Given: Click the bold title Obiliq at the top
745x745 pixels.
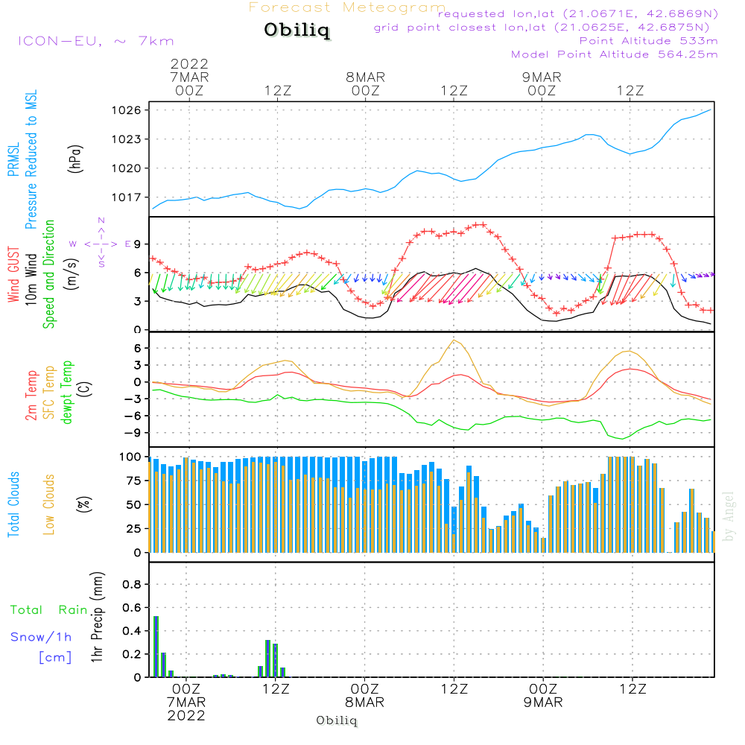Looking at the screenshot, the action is tap(297, 31).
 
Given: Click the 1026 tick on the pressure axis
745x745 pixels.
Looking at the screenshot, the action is tap(127, 110).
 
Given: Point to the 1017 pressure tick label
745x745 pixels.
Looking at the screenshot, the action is tap(127, 197).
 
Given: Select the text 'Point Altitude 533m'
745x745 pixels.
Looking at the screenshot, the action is tap(648, 41).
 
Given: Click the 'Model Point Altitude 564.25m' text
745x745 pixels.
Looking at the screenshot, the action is tap(614, 54).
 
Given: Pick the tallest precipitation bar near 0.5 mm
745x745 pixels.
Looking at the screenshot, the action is tap(156, 646).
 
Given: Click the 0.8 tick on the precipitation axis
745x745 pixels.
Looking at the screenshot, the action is tap(132, 584).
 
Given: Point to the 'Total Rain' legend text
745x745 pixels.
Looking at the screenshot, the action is tap(49, 609).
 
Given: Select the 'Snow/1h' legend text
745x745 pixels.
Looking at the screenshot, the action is tap(41, 637).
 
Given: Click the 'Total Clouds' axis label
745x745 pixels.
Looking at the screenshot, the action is tap(13, 504).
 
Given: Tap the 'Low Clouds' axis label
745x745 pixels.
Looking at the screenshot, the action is tap(49, 504).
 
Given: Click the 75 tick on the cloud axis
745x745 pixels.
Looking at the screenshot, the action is tap(134, 481).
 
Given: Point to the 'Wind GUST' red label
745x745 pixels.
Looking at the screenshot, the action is tap(13, 274).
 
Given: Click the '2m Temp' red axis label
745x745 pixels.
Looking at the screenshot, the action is tap(31, 396).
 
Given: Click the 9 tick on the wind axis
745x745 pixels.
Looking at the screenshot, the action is tap(137, 244).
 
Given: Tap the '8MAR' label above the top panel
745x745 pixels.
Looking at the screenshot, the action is tap(365, 77).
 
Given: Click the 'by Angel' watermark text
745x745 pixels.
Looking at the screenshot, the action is tap(728, 516).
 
